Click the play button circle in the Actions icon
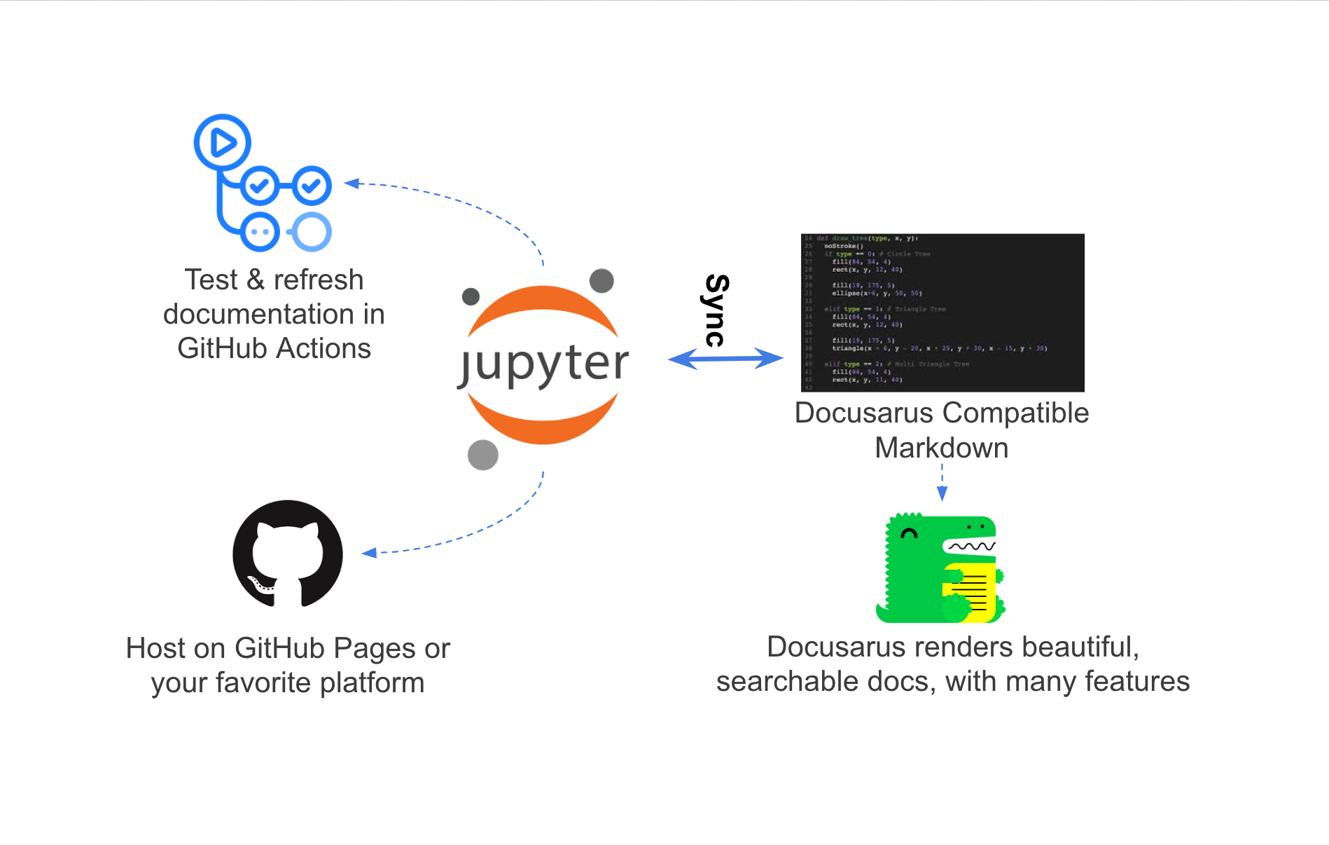click(x=223, y=142)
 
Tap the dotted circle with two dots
click(x=260, y=231)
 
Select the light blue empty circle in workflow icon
click(x=312, y=231)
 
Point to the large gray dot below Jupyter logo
click(x=482, y=455)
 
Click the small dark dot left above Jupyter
click(x=471, y=296)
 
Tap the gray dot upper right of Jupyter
click(x=601, y=281)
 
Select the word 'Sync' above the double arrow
click(x=716, y=310)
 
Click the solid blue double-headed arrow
click(x=725, y=359)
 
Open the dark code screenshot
click(x=942, y=312)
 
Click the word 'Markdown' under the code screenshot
click(x=941, y=448)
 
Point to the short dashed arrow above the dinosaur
click(x=942, y=483)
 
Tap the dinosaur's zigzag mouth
click(x=970, y=545)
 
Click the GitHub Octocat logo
click(x=288, y=554)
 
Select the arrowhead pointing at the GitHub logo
click(x=370, y=553)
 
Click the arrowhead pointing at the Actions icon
click(x=352, y=184)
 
